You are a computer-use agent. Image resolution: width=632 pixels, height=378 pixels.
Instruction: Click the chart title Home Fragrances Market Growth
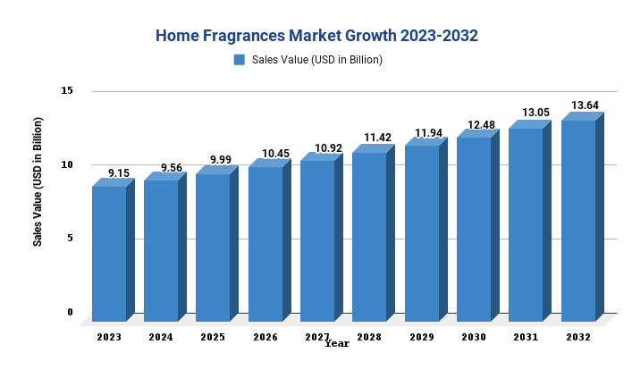pos(316,36)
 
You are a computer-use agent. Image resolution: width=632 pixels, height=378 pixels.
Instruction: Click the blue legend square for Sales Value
pos(239,60)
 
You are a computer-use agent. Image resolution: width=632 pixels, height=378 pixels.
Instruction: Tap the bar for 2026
pos(265,243)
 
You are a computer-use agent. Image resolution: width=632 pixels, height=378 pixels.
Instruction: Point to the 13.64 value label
pos(586,105)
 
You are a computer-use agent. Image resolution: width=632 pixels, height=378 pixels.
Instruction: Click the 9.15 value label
pos(118,172)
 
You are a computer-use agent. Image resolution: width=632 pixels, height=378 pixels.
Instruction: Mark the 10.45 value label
pos(275,154)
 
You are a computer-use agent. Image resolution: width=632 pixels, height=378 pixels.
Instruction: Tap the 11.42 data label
pos(379,138)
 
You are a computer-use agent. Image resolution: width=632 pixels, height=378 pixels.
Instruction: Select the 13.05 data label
pos(535,113)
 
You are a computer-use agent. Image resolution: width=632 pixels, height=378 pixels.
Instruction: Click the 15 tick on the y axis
pos(67,91)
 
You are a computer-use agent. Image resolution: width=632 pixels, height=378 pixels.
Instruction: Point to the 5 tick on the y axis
pos(70,238)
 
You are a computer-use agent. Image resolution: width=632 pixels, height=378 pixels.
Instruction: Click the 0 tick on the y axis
pos(70,312)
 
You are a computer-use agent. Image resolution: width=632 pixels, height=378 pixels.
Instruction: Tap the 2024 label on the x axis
pos(161,337)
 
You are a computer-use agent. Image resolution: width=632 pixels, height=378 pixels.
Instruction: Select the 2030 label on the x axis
pos(474,337)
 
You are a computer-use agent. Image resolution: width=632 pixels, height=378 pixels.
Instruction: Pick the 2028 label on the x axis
pos(369,337)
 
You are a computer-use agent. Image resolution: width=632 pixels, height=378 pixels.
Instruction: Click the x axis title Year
pos(337,343)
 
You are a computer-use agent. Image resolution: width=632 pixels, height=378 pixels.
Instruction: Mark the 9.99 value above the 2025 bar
pos(221,160)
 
